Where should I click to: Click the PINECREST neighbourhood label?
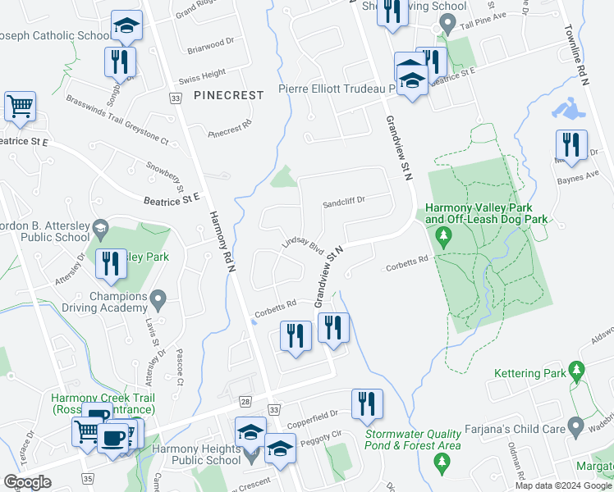(x=229, y=95)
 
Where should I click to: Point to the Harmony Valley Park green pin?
(x=444, y=238)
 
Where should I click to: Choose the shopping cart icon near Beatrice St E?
(x=20, y=107)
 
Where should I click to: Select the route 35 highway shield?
(x=88, y=478)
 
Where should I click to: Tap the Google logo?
(x=27, y=481)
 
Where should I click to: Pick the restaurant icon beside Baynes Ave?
(x=571, y=146)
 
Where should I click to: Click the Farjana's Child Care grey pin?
(x=575, y=428)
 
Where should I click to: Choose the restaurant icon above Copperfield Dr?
(x=366, y=403)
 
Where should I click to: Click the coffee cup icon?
(x=112, y=439)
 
